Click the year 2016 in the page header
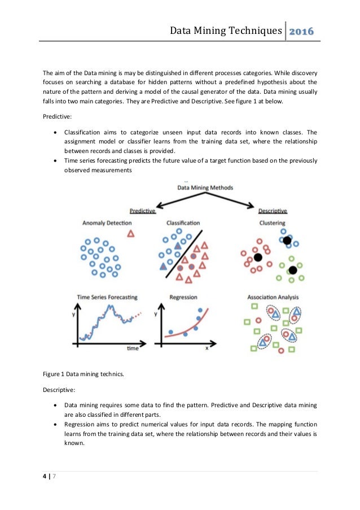click(302, 30)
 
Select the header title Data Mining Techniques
click(226, 30)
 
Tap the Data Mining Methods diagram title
click(205, 187)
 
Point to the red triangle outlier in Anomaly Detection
click(131, 233)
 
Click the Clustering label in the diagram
click(273, 223)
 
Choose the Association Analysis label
click(273, 297)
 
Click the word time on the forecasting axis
click(133, 348)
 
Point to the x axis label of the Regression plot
click(207, 348)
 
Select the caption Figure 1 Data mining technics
click(79, 374)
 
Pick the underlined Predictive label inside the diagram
click(143, 211)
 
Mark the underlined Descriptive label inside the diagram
click(273, 211)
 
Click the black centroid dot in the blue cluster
click(287, 241)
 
